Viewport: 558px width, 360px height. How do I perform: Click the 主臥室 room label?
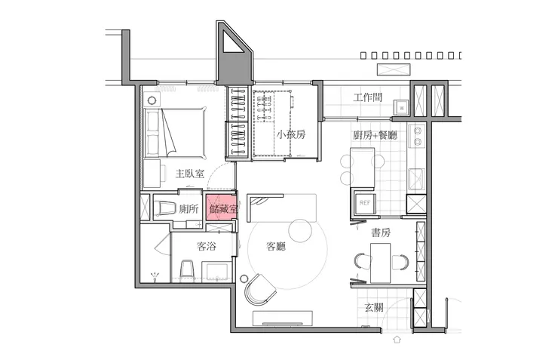coord(190,174)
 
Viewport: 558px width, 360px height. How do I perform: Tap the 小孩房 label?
coord(291,134)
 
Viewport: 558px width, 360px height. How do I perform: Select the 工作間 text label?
coord(368,97)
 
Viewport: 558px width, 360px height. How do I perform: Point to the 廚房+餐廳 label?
coord(375,135)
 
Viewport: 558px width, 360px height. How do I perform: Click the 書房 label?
coord(381,232)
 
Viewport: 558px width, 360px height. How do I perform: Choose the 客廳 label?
coord(276,246)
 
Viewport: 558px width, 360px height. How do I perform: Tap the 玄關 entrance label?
coord(374,307)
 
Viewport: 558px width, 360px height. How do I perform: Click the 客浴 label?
coord(207,246)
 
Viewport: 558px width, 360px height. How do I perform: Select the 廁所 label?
coord(189,208)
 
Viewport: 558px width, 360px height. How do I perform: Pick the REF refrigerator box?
coord(364,203)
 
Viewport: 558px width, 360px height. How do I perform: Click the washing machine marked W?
coord(402,107)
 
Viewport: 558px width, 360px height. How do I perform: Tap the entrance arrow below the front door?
coord(397,339)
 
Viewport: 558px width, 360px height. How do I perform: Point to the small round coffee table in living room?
coord(300,230)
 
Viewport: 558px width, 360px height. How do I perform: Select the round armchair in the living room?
coord(260,289)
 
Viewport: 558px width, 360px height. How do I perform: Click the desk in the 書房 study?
coord(381,263)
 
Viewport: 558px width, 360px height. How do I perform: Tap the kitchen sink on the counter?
coord(416,179)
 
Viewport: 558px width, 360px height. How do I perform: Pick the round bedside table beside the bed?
coord(152,100)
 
